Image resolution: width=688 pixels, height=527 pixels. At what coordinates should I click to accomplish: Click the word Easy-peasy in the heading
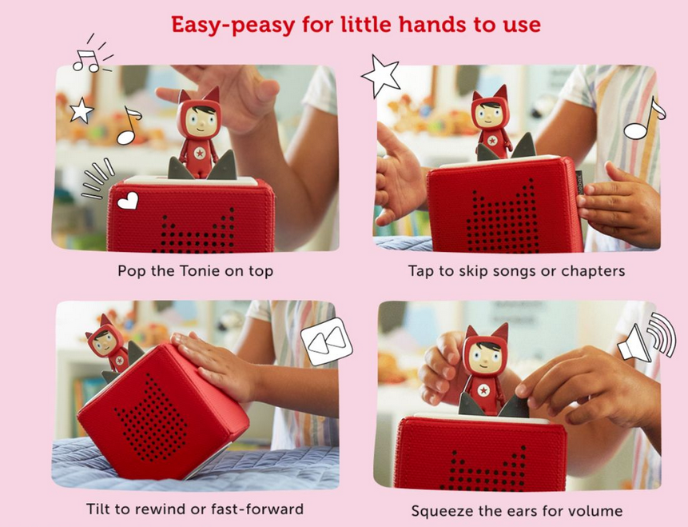click(233, 26)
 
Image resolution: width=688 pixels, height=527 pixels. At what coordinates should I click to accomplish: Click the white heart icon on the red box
click(128, 201)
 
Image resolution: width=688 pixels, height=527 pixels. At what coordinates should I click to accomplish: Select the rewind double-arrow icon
click(327, 341)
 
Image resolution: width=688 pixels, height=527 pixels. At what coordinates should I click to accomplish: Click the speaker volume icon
click(646, 337)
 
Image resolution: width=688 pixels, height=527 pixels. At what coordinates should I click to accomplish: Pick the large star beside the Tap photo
click(381, 75)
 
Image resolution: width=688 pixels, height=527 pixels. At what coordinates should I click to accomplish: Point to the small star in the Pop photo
click(82, 110)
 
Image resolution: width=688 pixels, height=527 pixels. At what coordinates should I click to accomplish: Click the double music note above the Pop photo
click(88, 61)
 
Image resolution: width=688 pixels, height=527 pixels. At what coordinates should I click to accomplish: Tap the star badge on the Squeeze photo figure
click(483, 390)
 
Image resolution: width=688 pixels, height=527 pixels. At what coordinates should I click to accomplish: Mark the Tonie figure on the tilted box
click(108, 345)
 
